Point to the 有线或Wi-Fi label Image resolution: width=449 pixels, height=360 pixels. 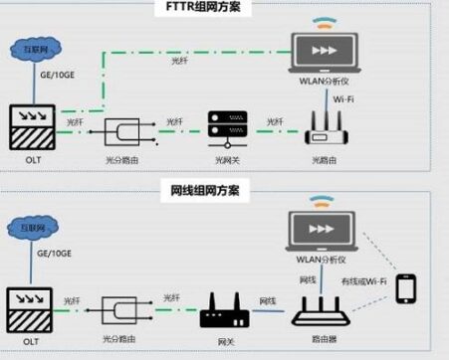[363, 281]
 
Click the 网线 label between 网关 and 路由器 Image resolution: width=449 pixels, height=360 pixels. [267, 300]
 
